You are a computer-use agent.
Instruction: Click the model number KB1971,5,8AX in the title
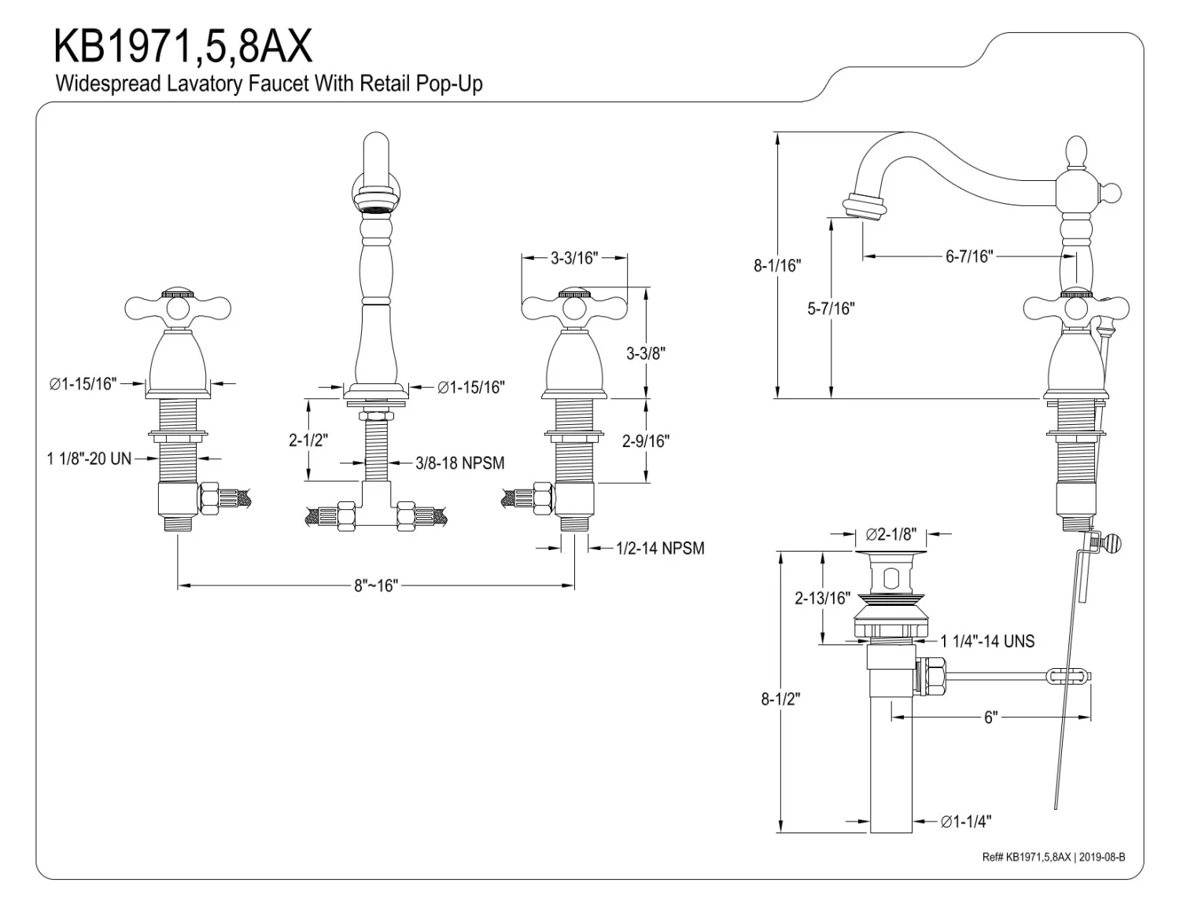pos(183,46)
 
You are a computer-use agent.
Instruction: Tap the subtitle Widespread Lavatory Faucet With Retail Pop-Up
pos(268,83)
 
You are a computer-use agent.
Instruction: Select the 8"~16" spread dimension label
pos(376,585)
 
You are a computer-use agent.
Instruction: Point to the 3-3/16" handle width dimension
pos(574,257)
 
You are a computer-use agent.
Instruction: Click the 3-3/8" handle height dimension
pos(646,353)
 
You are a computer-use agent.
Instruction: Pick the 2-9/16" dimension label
pos(645,441)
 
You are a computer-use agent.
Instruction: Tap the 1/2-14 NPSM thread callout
pos(660,548)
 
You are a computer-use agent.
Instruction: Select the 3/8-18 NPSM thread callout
pos(460,463)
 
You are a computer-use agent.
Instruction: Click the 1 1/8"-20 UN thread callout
pos(89,458)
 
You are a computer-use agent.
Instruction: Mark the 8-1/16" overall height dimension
pos(776,265)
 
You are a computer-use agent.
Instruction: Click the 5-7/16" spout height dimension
pos(831,308)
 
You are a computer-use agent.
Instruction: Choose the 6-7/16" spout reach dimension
pos(969,257)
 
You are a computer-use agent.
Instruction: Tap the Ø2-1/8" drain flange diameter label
pos(891,535)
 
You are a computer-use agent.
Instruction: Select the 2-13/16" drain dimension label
pos(822,598)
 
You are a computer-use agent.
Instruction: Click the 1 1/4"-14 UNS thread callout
pos(987,641)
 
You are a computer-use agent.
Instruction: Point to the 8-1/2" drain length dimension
pos(780,699)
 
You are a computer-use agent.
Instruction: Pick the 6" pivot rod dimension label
pos(990,718)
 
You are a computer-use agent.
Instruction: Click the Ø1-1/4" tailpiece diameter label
pos(965,822)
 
